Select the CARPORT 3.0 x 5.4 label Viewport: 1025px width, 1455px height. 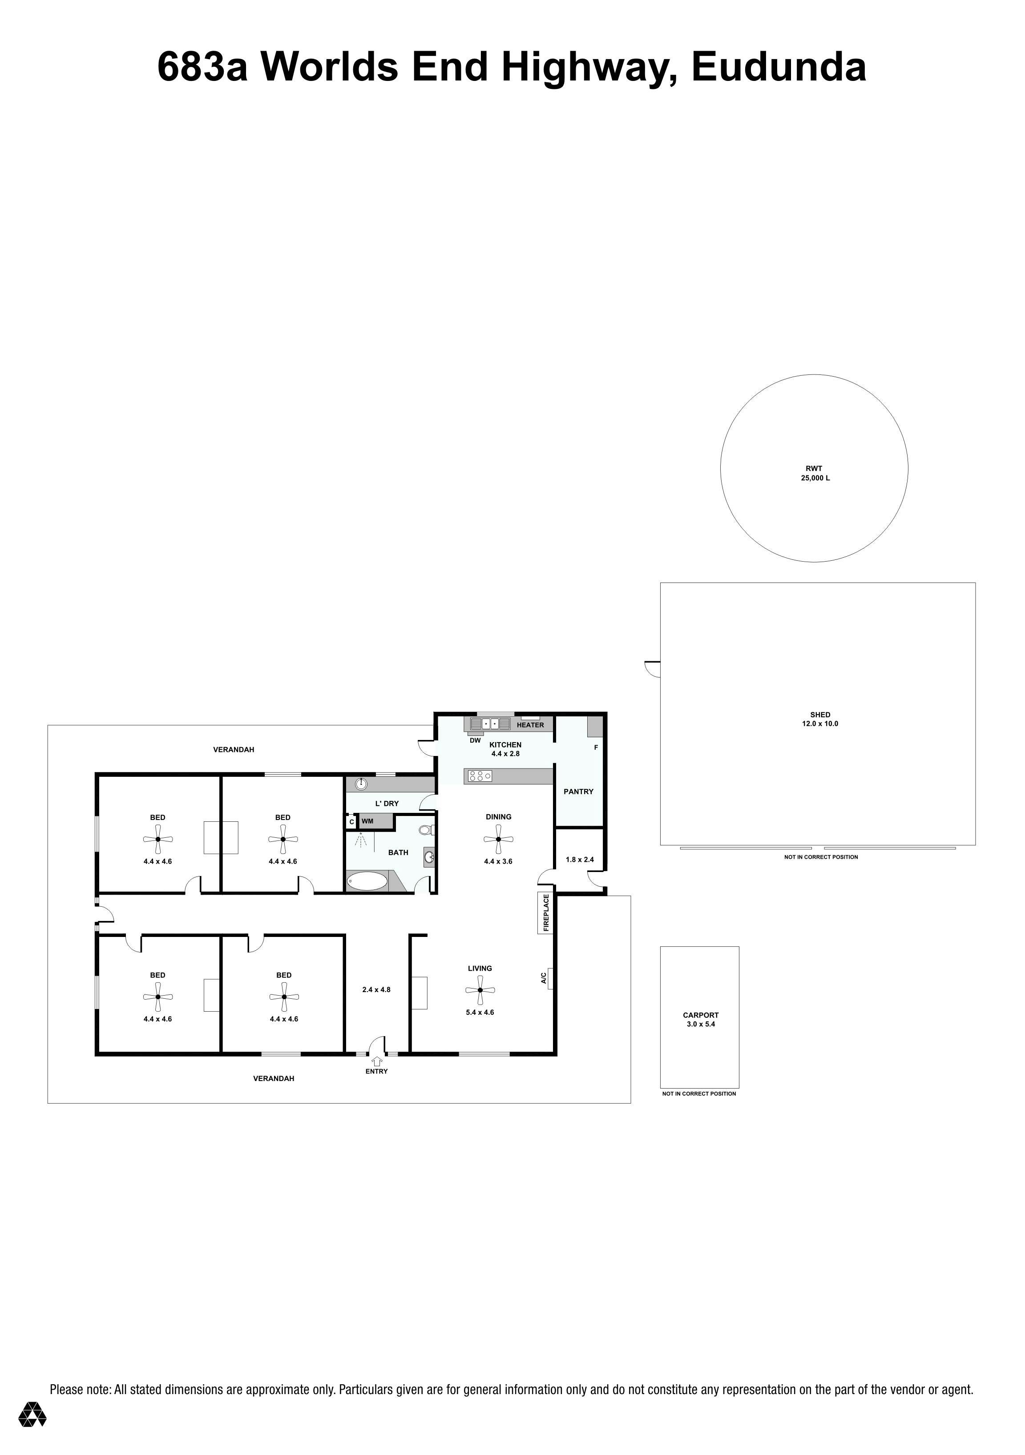(x=700, y=1020)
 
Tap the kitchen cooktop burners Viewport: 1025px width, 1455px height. (x=480, y=776)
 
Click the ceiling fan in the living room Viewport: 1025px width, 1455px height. (x=480, y=990)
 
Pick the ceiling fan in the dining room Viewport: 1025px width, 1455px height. (x=499, y=839)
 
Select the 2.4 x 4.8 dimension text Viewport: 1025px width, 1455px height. (x=376, y=990)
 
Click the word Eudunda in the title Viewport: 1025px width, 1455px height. (x=779, y=67)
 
